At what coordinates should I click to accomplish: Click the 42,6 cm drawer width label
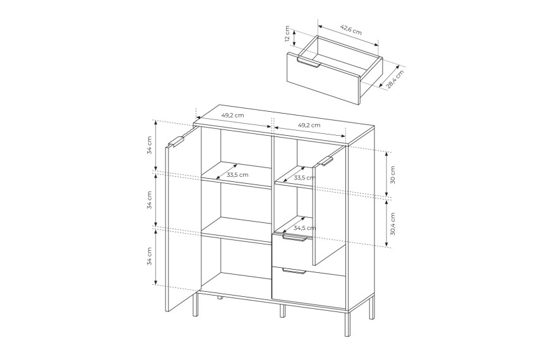[x=351, y=30]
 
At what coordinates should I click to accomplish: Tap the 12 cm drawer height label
[x=287, y=33]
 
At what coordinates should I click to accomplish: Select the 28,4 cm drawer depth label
[x=395, y=80]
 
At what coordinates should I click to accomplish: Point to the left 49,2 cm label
[x=233, y=116]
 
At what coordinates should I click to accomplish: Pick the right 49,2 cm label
[x=309, y=125]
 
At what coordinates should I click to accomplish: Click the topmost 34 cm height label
[x=149, y=145]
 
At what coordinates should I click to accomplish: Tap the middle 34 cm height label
[x=149, y=200]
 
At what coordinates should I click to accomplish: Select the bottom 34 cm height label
[x=149, y=256]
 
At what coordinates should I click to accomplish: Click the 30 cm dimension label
[x=392, y=175]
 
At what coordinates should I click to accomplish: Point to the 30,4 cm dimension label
[x=392, y=224]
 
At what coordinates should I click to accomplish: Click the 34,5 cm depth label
[x=305, y=228]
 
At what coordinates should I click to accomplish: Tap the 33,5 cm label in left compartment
[x=237, y=175]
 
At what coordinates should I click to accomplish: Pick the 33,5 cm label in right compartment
[x=304, y=178]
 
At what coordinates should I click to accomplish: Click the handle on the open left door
[x=176, y=142]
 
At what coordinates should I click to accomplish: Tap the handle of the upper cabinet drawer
[x=295, y=237]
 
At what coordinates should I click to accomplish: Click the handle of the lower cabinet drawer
[x=294, y=271]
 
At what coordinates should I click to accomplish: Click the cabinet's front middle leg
[x=283, y=311]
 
